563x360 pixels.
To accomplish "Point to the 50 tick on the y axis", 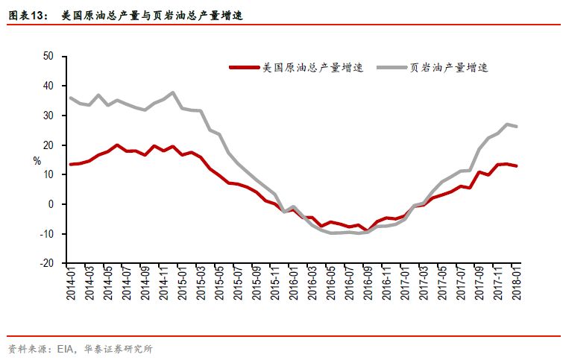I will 48,56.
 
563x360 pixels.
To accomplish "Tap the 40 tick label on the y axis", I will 48,86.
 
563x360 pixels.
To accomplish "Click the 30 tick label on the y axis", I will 48,116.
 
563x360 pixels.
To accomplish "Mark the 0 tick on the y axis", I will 51,204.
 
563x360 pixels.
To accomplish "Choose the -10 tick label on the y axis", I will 47,234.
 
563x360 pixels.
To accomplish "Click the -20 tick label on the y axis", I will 47,263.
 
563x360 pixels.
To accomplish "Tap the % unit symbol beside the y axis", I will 37,160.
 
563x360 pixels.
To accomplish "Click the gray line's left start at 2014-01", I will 70,98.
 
